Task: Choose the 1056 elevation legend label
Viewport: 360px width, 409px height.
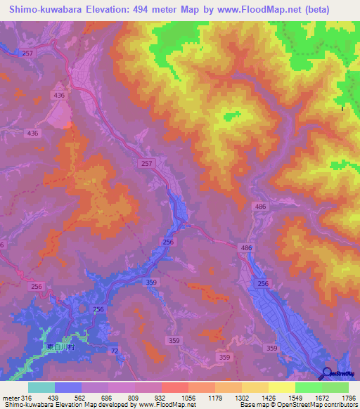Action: coord(188,398)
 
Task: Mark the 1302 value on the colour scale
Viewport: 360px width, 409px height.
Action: coord(242,398)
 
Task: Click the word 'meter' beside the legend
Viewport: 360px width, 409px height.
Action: coord(10,398)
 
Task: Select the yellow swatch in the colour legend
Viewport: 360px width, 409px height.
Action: coord(281,387)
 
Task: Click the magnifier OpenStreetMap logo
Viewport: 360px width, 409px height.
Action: coord(326,374)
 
